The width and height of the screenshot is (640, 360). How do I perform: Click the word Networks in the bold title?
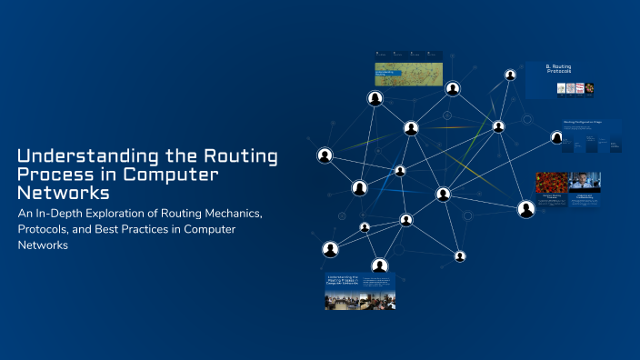coord(63,193)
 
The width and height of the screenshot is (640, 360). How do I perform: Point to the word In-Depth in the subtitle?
coord(58,213)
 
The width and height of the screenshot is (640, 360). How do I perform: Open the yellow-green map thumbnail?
coord(408,75)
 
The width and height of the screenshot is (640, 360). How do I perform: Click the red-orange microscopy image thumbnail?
coord(551,182)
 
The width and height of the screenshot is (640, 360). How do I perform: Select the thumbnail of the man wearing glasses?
coord(585,182)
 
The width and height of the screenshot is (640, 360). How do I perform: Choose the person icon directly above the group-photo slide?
coord(380,265)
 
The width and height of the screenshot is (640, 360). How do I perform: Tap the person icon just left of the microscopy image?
coord(525,209)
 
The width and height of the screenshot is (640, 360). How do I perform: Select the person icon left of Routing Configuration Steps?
coord(556,137)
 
